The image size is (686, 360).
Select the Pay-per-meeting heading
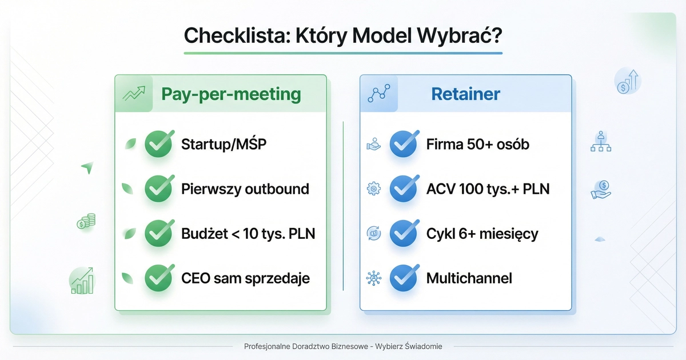[231, 94]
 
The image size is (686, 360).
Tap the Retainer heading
[466, 94]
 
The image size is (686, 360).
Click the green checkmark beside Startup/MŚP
[158, 144]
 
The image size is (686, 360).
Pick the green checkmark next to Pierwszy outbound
[158, 189]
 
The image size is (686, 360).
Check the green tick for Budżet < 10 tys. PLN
[158, 233]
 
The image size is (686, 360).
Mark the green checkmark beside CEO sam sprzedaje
[158, 278]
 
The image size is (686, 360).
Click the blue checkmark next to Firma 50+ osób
[404, 144]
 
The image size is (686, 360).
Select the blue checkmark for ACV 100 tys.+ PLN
[404, 189]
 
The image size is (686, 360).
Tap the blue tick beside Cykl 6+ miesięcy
[404, 233]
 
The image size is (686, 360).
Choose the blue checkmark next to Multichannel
[404, 278]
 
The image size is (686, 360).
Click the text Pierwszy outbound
[245, 189]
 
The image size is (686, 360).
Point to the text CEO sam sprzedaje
[245, 278]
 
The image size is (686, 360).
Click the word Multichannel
[469, 278]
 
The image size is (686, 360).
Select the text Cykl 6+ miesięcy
[482, 234]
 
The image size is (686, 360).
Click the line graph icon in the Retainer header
[378, 94]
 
